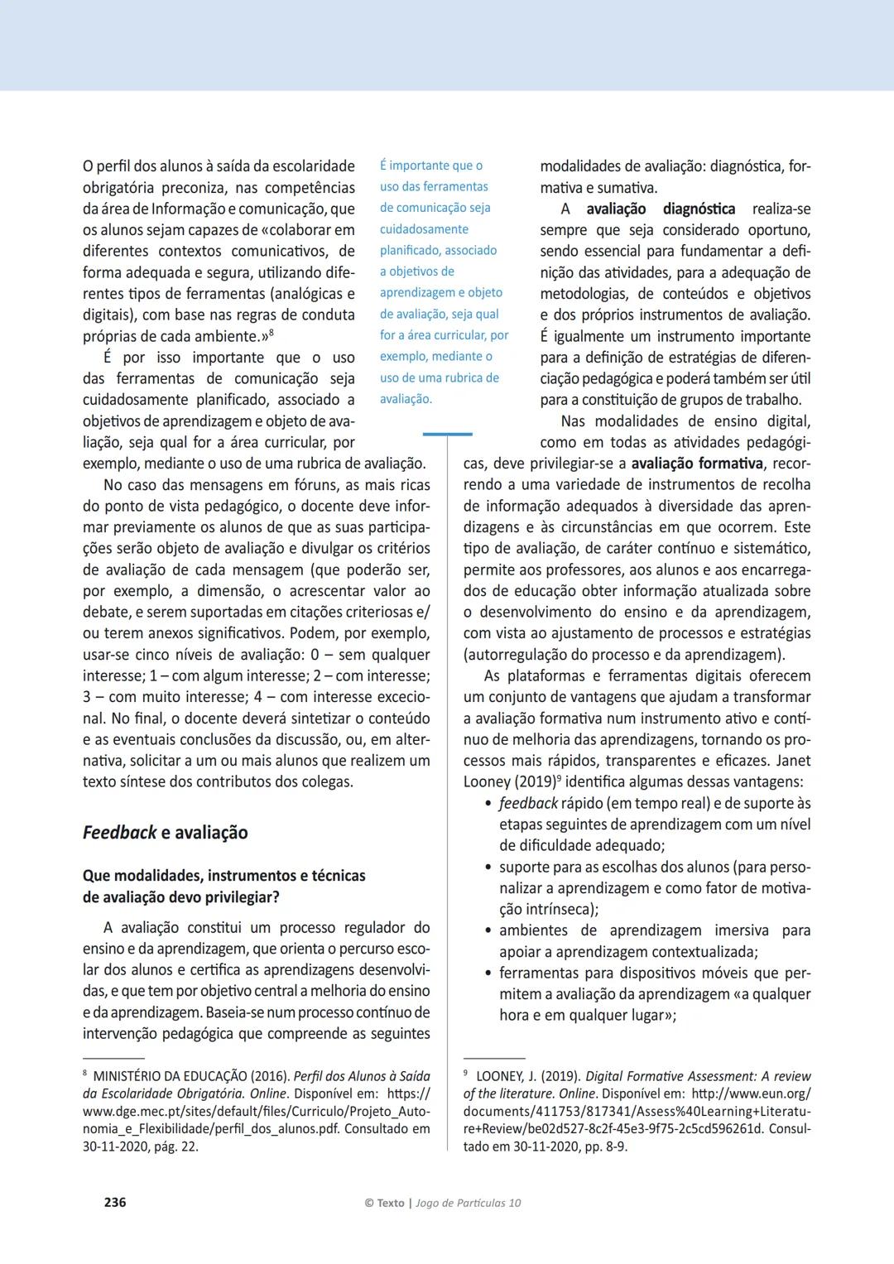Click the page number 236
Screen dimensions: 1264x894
pos(115,1202)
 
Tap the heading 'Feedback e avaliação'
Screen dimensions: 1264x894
pos(165,833)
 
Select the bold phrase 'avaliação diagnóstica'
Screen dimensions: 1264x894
pos(661,209)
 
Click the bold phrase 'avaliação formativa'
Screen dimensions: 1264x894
pos(696,463)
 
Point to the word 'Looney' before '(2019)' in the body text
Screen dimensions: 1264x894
pos(488,781)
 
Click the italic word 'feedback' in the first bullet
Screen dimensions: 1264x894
pos(528,803)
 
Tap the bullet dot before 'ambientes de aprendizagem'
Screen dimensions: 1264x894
pos(488,931)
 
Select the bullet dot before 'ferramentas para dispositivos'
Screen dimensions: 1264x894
pos(488,973)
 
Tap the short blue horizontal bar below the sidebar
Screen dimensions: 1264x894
pos(447,434)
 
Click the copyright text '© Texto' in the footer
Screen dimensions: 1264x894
pos(384,1203)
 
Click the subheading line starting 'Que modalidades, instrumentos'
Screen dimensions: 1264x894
pos(223,875)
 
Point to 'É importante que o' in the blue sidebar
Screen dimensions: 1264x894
pos(431,166)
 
